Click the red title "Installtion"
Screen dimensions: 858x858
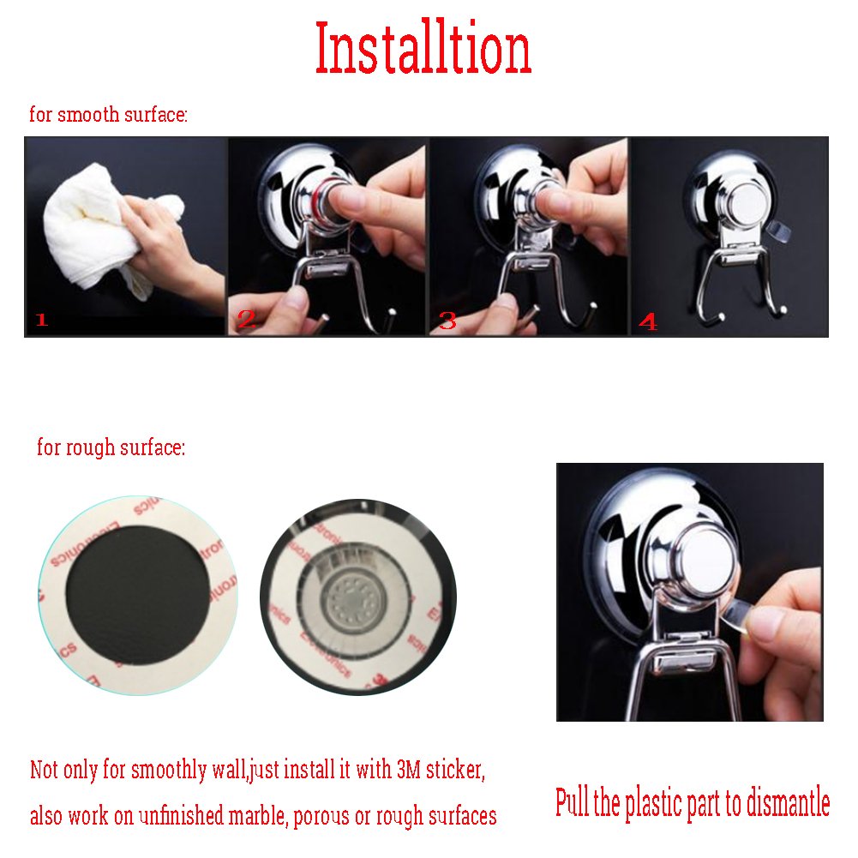pos(423,49)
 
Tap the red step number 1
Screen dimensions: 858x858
pos(41,321)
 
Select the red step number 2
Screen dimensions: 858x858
pos(247,321)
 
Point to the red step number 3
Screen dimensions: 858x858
pos(447,321)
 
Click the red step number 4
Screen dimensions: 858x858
pos(648,322)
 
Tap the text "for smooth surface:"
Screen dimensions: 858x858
pos(108,114)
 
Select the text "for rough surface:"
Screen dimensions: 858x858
pos(111,447)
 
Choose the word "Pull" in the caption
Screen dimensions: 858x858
pos(572,803)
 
